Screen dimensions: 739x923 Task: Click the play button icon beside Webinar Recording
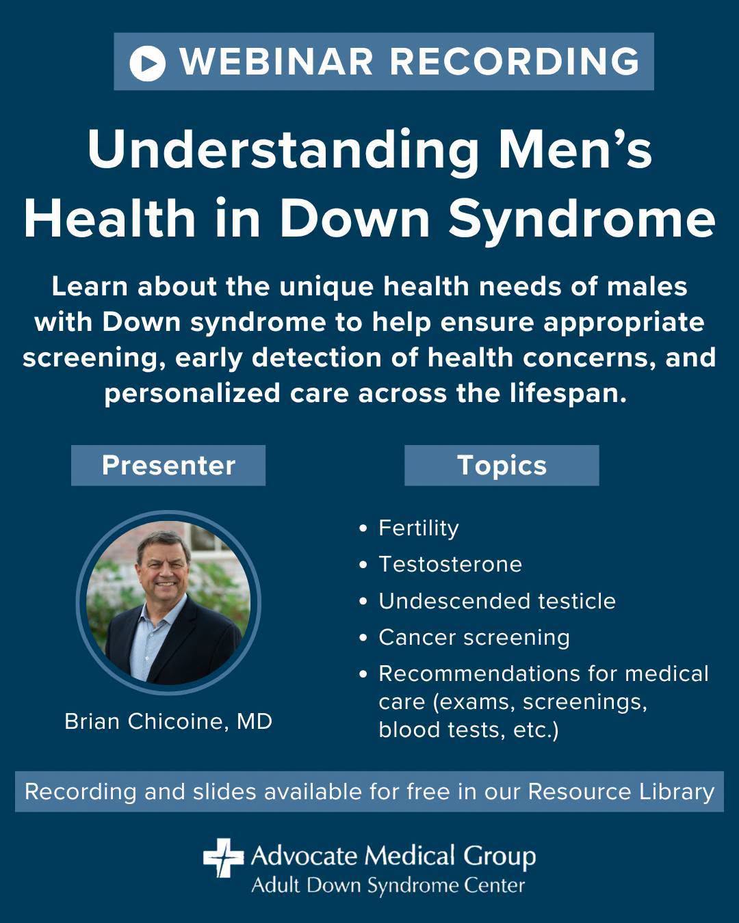click(x=147, y=63)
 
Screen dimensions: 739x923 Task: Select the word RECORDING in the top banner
click(x=515, y=62)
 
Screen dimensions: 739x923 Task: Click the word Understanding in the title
click(x=283, y=150)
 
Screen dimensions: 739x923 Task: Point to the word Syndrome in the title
click(x=582, y=220)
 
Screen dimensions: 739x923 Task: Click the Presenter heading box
click(x=168, y=466)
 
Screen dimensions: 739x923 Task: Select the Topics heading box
click(x=502, y=466)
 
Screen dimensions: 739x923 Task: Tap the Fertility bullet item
click(x=418, y=528)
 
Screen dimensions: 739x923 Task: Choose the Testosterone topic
click(x=450, y=564)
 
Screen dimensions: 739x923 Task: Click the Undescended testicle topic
click(x=497, y=600)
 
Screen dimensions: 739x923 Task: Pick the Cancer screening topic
click(x=474, y=638)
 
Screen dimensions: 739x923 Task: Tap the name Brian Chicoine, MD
click(x=168, y=721)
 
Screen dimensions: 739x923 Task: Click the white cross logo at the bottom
click(x=223, y=857)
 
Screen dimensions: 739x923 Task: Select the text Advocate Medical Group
click(x=393, y=856)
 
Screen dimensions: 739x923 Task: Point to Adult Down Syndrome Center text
click(x=388, y=885)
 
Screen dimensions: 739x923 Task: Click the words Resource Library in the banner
click(x=621, y=792)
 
